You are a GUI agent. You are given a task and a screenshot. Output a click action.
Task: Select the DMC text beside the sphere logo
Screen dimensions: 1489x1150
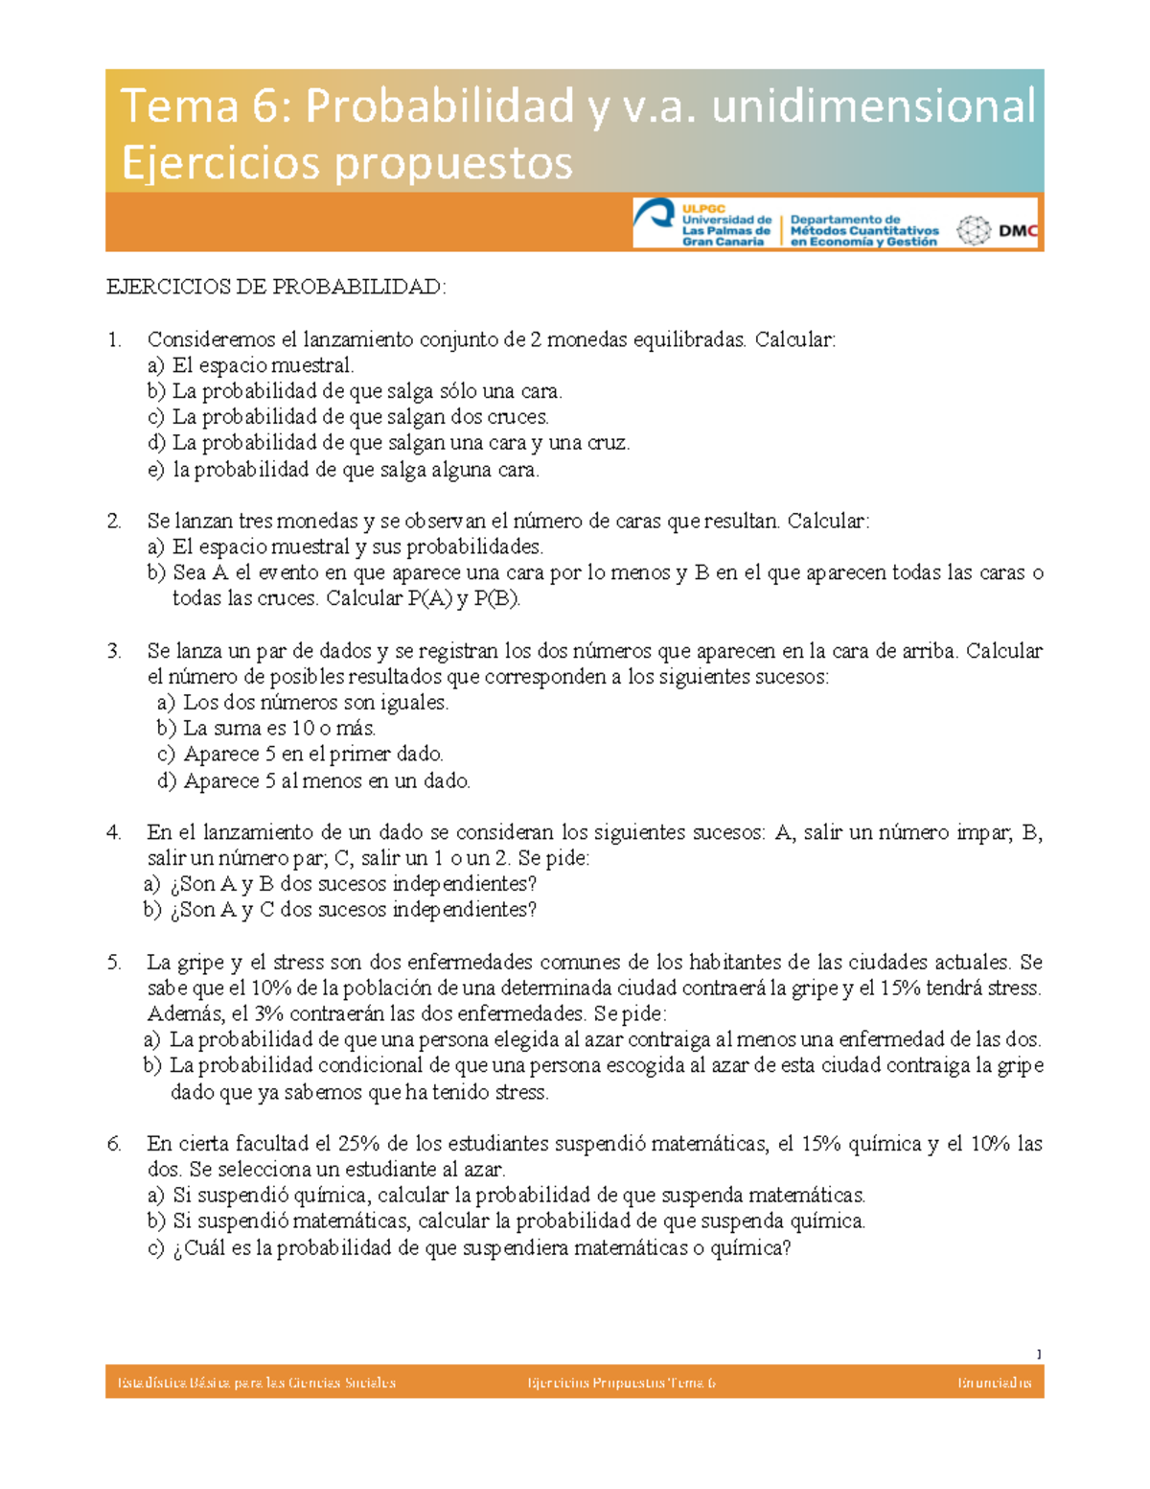1018,231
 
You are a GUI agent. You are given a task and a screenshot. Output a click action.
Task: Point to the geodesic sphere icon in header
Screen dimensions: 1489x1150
975,231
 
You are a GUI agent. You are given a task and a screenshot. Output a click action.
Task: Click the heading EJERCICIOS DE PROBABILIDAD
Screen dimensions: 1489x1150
276,287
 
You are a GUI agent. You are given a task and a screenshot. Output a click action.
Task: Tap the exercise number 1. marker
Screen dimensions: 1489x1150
115,339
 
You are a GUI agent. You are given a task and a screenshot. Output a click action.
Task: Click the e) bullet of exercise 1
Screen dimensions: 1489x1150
155,470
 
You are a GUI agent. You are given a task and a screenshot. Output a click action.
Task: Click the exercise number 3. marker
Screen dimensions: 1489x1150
115,651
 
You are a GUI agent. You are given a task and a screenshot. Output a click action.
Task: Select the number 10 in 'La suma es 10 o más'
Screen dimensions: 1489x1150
304,729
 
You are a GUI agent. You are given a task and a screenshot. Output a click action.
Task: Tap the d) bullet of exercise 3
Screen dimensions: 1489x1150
167,781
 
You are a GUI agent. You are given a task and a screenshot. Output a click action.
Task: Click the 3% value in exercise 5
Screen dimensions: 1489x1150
270,1014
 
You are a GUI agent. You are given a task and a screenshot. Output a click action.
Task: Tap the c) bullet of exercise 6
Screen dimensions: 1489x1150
155,1248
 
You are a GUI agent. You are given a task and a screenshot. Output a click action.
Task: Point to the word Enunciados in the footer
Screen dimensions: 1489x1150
994,1383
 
